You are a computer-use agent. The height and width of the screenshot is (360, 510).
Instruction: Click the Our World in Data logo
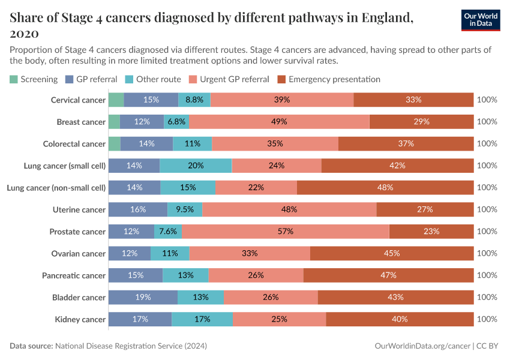pyautogui.click(x=481, y=20)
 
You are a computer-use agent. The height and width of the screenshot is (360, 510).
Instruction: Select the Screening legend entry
pyautogui.click(x=34, y=79)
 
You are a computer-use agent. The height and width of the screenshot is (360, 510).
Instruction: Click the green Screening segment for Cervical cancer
pyautogui.click(x=116, y=100)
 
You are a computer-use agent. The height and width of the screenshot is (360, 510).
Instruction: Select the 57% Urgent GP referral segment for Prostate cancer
pyautogui.click(x=286, y=232)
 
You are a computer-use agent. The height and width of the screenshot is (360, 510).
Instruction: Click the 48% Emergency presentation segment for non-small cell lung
pyautogui.click(x=385, y=188)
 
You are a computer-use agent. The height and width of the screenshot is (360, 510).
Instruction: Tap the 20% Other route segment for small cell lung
pyautogui.click(x=196, y=166)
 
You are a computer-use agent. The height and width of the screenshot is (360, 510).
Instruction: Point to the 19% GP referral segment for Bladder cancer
pyautogui.click(x=143, y=298)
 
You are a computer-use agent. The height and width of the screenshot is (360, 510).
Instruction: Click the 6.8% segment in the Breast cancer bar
pyautogui.click(x=176, y=122)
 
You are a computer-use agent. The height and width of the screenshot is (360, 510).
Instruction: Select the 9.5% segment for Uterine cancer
pyautogui.click(x=185, y=209)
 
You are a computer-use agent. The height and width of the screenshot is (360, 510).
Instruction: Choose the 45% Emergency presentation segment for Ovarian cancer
pyautogui.click(x=392, y=254)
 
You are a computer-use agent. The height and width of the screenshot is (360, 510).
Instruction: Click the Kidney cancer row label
pyautogui.click(x=80, y=320)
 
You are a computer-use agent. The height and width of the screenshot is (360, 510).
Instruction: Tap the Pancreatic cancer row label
pyautogui.click(x=74, y=276)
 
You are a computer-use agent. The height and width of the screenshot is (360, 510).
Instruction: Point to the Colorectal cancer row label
pyautogui.click(x=74, y=144)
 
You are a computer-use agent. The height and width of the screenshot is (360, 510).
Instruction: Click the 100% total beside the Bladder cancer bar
pyautogui.click(x=487, y=298)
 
